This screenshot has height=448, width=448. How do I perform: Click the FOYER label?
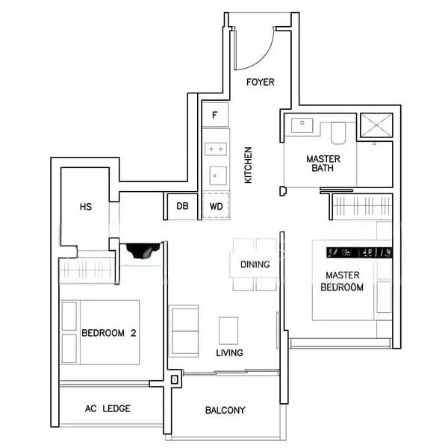point(261,82)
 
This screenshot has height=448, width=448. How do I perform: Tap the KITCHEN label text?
point(248,165)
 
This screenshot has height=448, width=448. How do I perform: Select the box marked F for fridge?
point(215,116)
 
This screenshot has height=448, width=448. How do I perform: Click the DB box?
point(182,206)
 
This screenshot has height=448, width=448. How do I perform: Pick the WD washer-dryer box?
point(216,206)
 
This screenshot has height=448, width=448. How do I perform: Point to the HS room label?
point(86,207)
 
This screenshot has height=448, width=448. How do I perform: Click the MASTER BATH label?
point(323,164)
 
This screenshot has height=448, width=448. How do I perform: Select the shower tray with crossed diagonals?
point(376,125)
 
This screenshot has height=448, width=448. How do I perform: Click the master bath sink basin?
point(302,125)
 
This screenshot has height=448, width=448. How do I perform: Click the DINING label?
point(255,264)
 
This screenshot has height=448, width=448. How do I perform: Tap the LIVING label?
point(229,352)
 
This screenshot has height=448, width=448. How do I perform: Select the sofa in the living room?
point(184,330)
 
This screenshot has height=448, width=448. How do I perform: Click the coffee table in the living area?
point(228,330)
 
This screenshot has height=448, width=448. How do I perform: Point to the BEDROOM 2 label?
point(108,333)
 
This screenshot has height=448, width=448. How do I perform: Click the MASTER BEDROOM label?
point(343,281)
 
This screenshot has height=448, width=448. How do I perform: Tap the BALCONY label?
point(225,410)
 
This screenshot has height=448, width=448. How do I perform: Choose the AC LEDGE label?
point(108,408)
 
